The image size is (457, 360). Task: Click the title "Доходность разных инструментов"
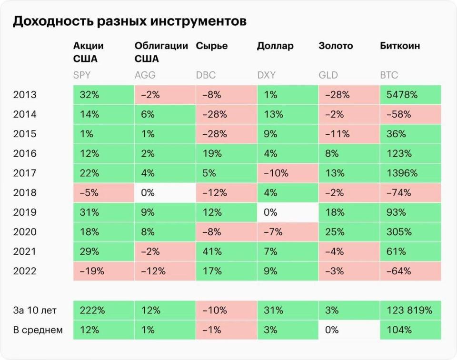coord(129,21)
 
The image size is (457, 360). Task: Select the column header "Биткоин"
coord(400,46)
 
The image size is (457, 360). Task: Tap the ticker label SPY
coord(81,75)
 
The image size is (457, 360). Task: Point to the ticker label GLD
coord(328,75)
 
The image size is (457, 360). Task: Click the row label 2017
coord(25,173)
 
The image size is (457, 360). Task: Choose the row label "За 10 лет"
coord(35,310)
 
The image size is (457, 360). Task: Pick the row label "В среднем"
coord(38,330)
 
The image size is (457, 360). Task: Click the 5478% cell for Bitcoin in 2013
coord(410,95)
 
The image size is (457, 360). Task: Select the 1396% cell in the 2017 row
coord(410,173)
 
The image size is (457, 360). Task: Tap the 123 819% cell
coord(410,310)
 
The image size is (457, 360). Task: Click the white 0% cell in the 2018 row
coord(165,193)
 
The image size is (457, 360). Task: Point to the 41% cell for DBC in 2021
coord(226,251)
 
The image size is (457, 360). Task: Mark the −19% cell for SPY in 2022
coord(103,271)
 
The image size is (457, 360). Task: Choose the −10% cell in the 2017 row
coord(287,173)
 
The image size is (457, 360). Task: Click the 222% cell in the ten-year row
coord(103,310)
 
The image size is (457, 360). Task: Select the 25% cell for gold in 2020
coord(348,232)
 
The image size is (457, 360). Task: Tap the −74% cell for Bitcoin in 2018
coord(410,193)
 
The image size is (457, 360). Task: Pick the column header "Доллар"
coord(275,46)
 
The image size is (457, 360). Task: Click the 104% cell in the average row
coord(410,330)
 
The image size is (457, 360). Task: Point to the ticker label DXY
coord(267,75)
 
